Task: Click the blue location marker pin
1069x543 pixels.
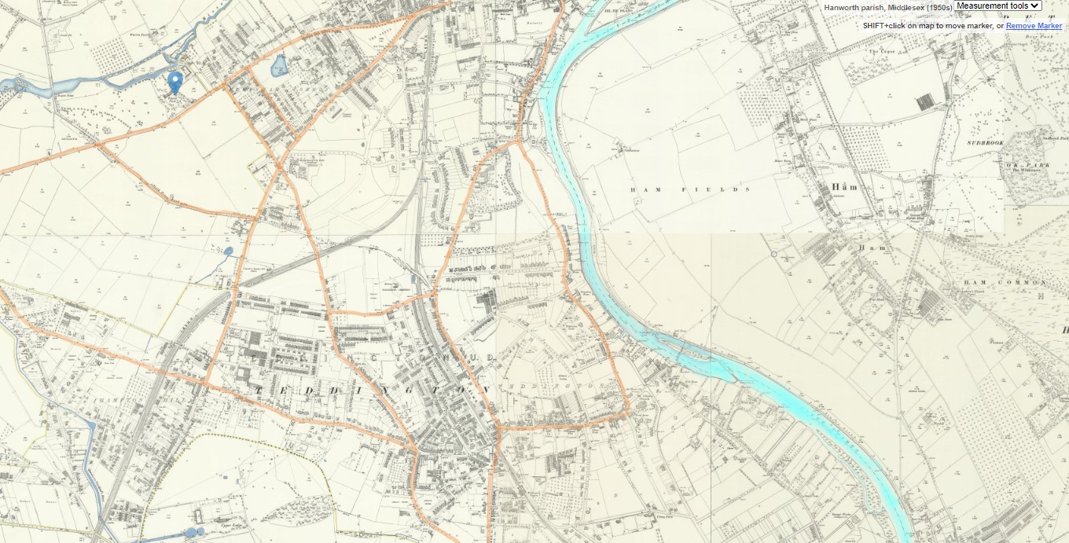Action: pos(176,81)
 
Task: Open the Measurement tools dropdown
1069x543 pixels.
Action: pos(997,6)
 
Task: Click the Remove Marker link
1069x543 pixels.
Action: pos(1034,26)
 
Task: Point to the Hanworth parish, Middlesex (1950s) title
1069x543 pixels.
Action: pos(887,7)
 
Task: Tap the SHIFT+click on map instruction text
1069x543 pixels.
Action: pos(933,26)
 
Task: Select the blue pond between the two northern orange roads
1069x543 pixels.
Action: pos(279,68)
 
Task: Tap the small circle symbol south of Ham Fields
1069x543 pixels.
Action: pos(773,254)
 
